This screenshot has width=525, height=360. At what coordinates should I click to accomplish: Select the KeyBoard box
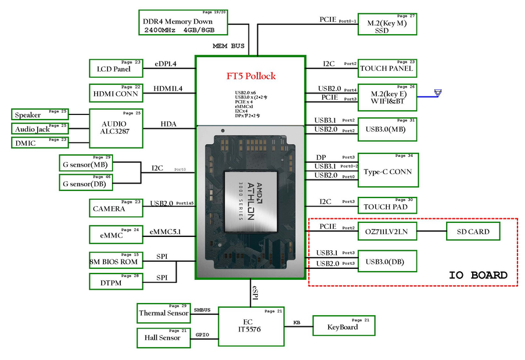click(x=342, y=326)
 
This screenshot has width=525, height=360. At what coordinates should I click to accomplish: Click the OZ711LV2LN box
click(x=387, y=232)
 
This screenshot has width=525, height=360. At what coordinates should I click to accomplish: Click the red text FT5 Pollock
click(x=251, y=76)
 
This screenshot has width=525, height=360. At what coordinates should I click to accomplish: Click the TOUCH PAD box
click(x=386, y=206)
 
